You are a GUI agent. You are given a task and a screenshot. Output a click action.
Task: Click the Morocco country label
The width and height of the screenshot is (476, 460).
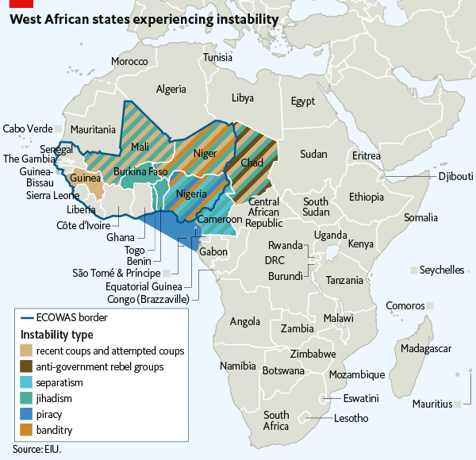click(129, 61)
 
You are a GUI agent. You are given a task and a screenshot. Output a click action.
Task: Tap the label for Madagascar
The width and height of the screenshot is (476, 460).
click(427, 349)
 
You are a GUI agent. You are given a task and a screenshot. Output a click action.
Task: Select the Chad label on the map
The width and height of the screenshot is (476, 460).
click(251, 163)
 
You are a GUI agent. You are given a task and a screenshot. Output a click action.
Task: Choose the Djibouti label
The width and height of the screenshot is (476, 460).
click(455, 175)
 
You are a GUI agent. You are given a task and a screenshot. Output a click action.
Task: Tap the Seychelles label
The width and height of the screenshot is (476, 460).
click(442, 270)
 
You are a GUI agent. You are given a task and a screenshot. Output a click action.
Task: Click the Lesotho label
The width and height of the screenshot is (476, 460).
click(351, 418)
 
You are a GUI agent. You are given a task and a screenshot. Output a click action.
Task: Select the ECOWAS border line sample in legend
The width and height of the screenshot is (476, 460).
click(28, 318)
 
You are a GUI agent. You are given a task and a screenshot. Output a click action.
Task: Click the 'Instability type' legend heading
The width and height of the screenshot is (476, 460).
click(56, 334)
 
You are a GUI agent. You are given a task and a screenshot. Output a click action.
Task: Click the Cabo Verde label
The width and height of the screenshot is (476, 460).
click(27, 128)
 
